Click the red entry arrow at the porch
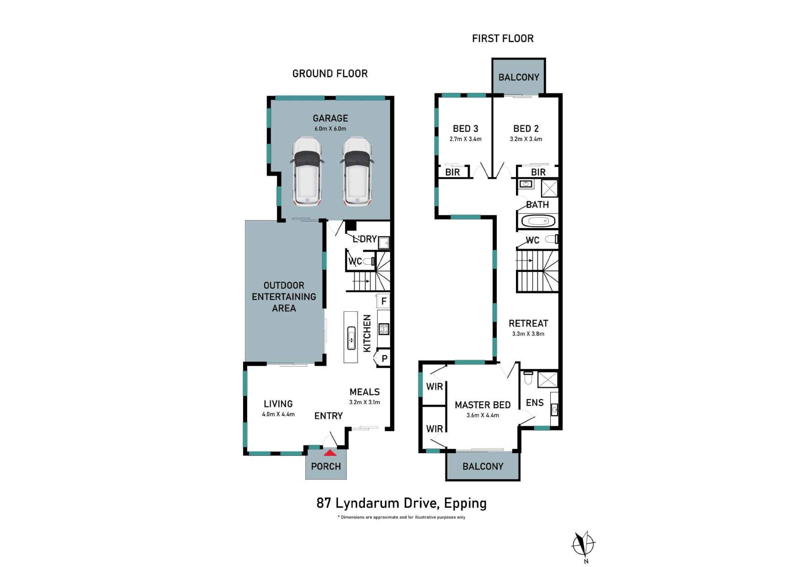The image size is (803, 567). (330, 453)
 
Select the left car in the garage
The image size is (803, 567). (307, 172)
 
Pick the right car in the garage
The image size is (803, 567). (356, 172)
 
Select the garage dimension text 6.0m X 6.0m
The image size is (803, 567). (330, 129)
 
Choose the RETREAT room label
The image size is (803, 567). (528, 323)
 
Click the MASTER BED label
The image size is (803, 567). (483, 405)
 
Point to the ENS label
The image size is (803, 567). (535, 403)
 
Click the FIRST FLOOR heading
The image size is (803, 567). (503, 38)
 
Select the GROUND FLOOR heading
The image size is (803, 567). (330, 74)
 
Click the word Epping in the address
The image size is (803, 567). (466, 504)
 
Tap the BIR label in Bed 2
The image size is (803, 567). (538, 172)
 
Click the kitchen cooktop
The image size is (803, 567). (384, 329)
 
